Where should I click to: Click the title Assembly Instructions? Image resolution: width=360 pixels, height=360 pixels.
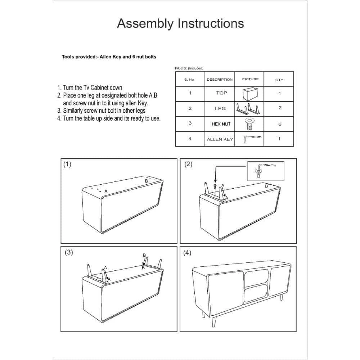(180, 23)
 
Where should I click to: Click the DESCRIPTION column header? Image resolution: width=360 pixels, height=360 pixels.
(220, 80)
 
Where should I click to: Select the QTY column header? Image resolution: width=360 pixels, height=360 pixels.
(279, 80)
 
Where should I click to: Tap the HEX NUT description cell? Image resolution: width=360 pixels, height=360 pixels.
(221, 124)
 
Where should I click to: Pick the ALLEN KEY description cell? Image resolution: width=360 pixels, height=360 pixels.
(220, 139)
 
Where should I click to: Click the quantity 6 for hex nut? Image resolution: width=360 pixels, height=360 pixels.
(280, 124)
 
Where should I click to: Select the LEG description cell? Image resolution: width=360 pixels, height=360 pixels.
(220, 108)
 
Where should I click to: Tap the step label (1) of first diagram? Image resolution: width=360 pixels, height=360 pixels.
(67, 164)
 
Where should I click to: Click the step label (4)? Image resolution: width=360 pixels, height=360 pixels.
(187, 252)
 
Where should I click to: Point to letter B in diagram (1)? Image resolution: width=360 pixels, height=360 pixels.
(146, 181)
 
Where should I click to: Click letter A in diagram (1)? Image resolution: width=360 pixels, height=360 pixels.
(105, 191)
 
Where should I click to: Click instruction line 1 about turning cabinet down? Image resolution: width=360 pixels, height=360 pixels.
(90, 87)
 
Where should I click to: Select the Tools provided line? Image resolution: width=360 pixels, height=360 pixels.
(109, 57)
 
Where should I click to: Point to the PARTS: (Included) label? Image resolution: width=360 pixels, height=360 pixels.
(189, 68)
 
